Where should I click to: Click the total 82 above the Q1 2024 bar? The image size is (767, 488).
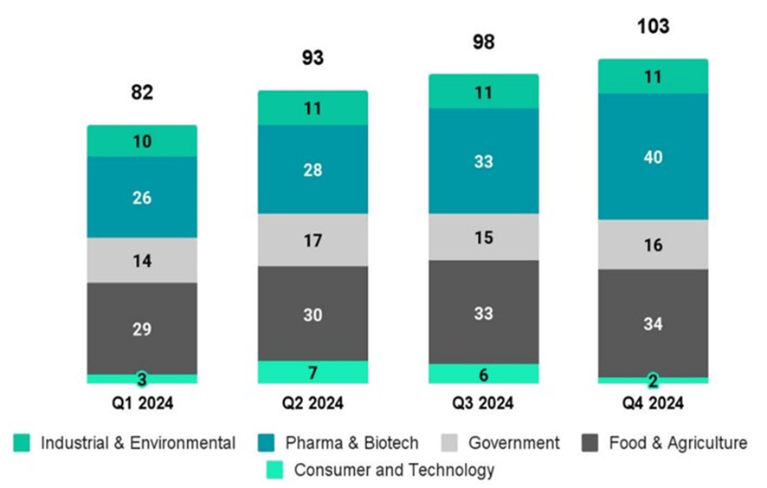pyautogui.click(x=142, y=93)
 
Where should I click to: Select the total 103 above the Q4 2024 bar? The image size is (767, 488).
pyautogui.click(x=653, y=27)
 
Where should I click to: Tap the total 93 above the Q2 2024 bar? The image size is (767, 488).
pyautogui.click(x=313, y=58)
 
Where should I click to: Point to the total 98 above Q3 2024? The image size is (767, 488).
pyautogui.click(x=483, y=42)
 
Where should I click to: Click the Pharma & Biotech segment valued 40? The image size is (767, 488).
pyautogui.click(x=653, y=157)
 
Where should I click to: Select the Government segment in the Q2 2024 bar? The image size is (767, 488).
pyautogui.click(x=313, y=240)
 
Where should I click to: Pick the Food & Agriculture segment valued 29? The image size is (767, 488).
pyautogui.click(x=142, y=329)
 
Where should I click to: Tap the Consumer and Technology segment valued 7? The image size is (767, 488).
pyautogui.click(x=313, y=372)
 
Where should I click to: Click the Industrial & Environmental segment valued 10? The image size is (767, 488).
pyautogui.click(x=142, y=141)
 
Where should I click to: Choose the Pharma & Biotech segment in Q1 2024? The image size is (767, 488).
pyautogui.click(x=142, y=198)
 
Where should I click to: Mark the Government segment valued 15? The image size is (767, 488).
pyautogui.click(x=483, y=237)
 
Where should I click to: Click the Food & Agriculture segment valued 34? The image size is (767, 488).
pyautogui.click(x=653, y=323)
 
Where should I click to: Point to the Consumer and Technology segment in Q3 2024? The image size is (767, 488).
pyautogui.click(x=483, y=374)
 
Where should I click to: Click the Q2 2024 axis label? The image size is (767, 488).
pyautogui.click(x=313, y=403)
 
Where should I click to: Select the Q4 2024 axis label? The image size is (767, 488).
pyautogui.click(x=653, y=403)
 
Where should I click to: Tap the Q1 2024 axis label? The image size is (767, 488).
pyautogui.click(x=142, y=403)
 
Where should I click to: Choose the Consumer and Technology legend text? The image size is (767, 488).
pyautogui.click(x=394, y=471)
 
